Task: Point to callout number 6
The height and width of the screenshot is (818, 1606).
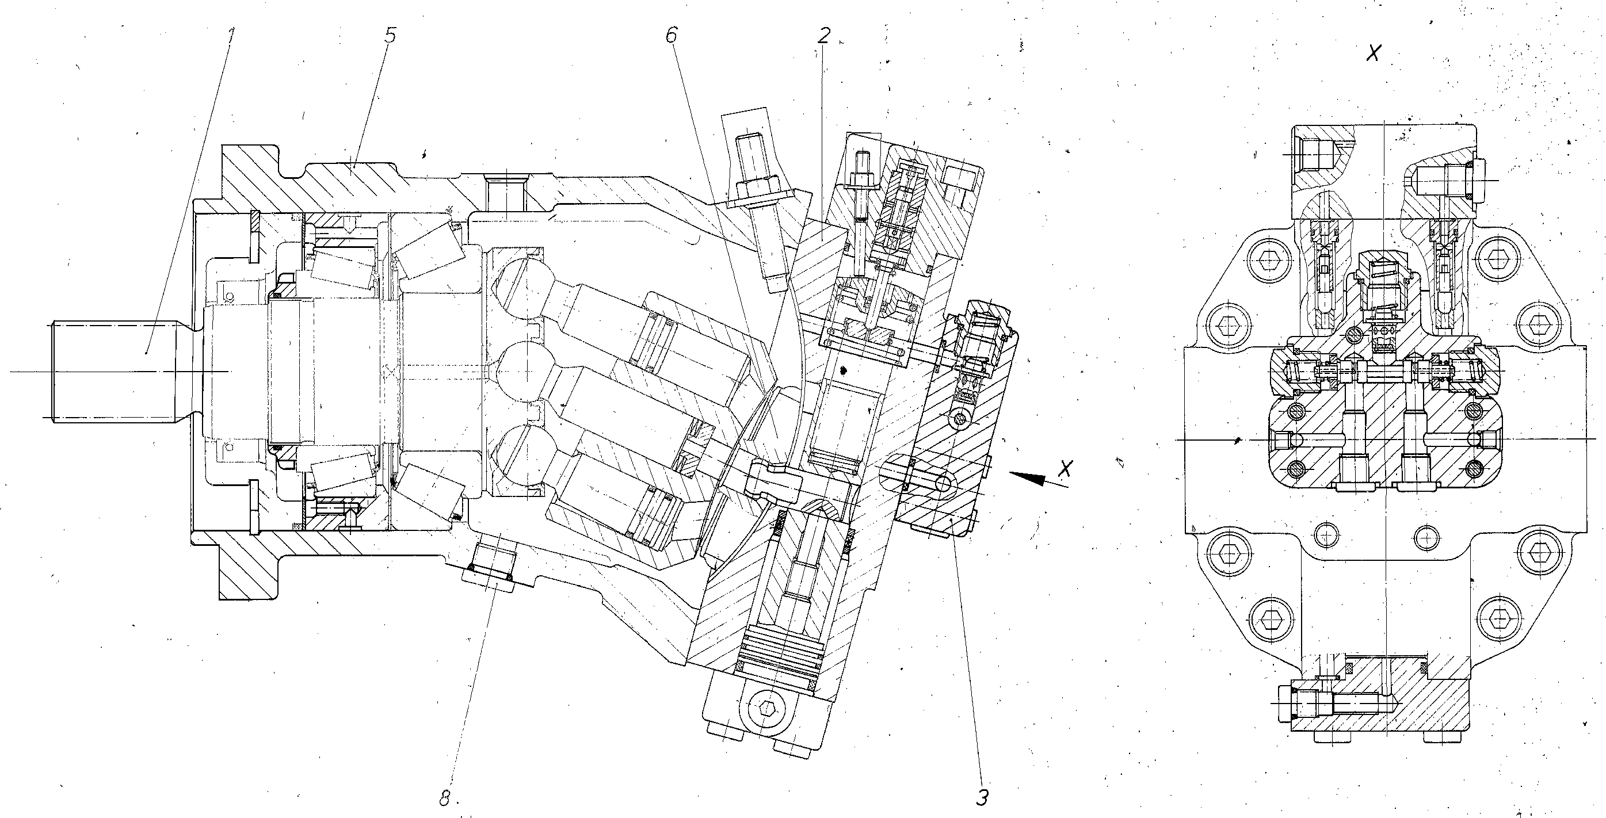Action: tap(671, 36)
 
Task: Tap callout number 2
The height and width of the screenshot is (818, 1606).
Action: tap(824, 36)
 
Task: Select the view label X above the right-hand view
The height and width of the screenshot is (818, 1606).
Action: tap(1373, 53)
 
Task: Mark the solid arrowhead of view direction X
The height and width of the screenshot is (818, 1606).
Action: tap(1029, 477)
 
